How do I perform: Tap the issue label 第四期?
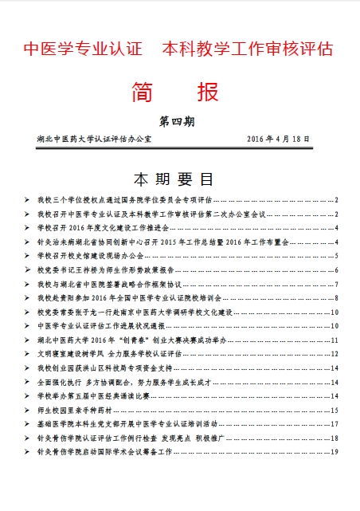[x=177, y=122]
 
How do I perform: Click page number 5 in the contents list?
[x=337, y=256]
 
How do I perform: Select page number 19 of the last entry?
[x=336, y=452]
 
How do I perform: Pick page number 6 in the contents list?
[x=337, y=270]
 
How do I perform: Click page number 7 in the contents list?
[x=337, y=284]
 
